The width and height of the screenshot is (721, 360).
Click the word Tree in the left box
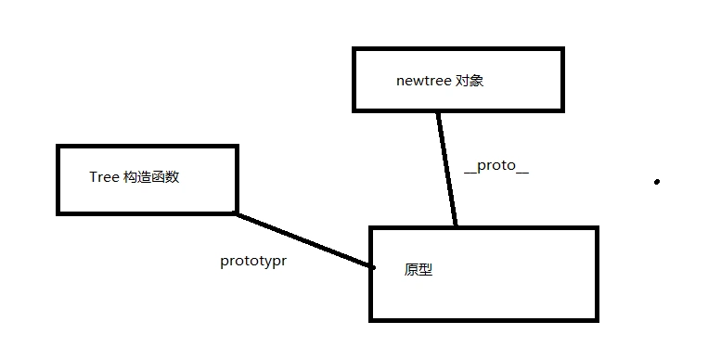(103, 177)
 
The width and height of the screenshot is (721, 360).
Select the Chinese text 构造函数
(150, 177)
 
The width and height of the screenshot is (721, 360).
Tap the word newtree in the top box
(423, 81)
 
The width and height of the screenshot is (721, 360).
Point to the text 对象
(470, 81)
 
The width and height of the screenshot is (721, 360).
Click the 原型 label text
(418, 270)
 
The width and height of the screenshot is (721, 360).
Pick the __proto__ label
(496, 169)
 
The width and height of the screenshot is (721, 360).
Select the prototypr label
(252, 261)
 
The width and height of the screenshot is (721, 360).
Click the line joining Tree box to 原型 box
(302, 240)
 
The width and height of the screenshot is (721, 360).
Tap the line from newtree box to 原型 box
(448, 167)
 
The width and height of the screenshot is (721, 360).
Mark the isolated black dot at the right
(657, 182)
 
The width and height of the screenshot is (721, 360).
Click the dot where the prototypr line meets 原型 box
(372, 267)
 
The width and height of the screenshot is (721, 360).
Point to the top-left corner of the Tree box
(58, 146)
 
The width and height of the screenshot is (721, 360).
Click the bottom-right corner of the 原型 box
(597, 320)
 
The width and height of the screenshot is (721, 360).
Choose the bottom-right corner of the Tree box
(237, 212)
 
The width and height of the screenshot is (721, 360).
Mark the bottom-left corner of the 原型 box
(371, 320)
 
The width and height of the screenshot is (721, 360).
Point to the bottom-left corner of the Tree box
(58, 212)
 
